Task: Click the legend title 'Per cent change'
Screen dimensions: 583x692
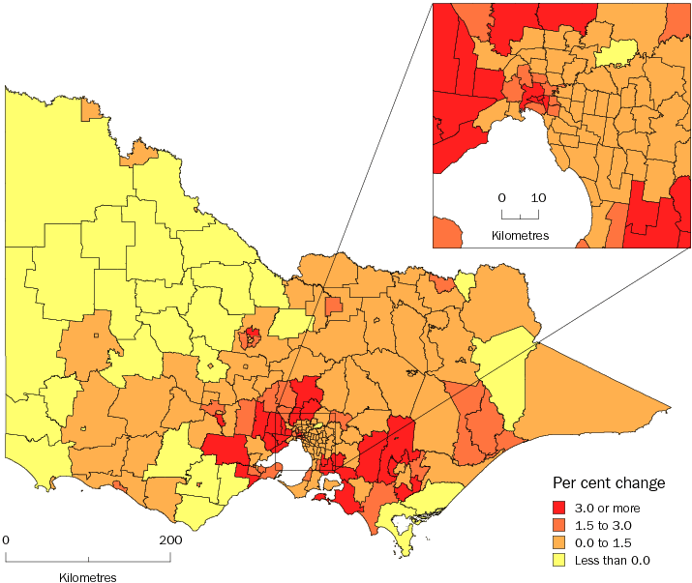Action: pyautogui.click(x=608, y=482)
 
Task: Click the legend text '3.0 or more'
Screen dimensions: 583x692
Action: pyautogui.click(x=610, y=508)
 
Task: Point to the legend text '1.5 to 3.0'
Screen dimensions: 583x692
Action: pyautogui.click(x=606, y=525)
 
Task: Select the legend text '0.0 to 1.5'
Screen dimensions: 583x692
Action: pyautogui.click(x=606, y=542)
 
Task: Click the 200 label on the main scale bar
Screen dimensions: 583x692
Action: pyautogui.click(x=170, y=539)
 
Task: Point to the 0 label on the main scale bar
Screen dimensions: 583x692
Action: pyautogui.click(x=6, y=539)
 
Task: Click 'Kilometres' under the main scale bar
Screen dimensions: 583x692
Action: pyautogui.click(x=87, y=577)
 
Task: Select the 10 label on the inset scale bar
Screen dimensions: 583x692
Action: pyautogui.click(x=538, y=198)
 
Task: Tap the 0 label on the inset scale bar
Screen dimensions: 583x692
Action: pyautogui.click(x=501, y=198)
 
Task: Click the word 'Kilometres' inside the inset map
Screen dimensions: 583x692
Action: pyautogui.click(x=520, y=235)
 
